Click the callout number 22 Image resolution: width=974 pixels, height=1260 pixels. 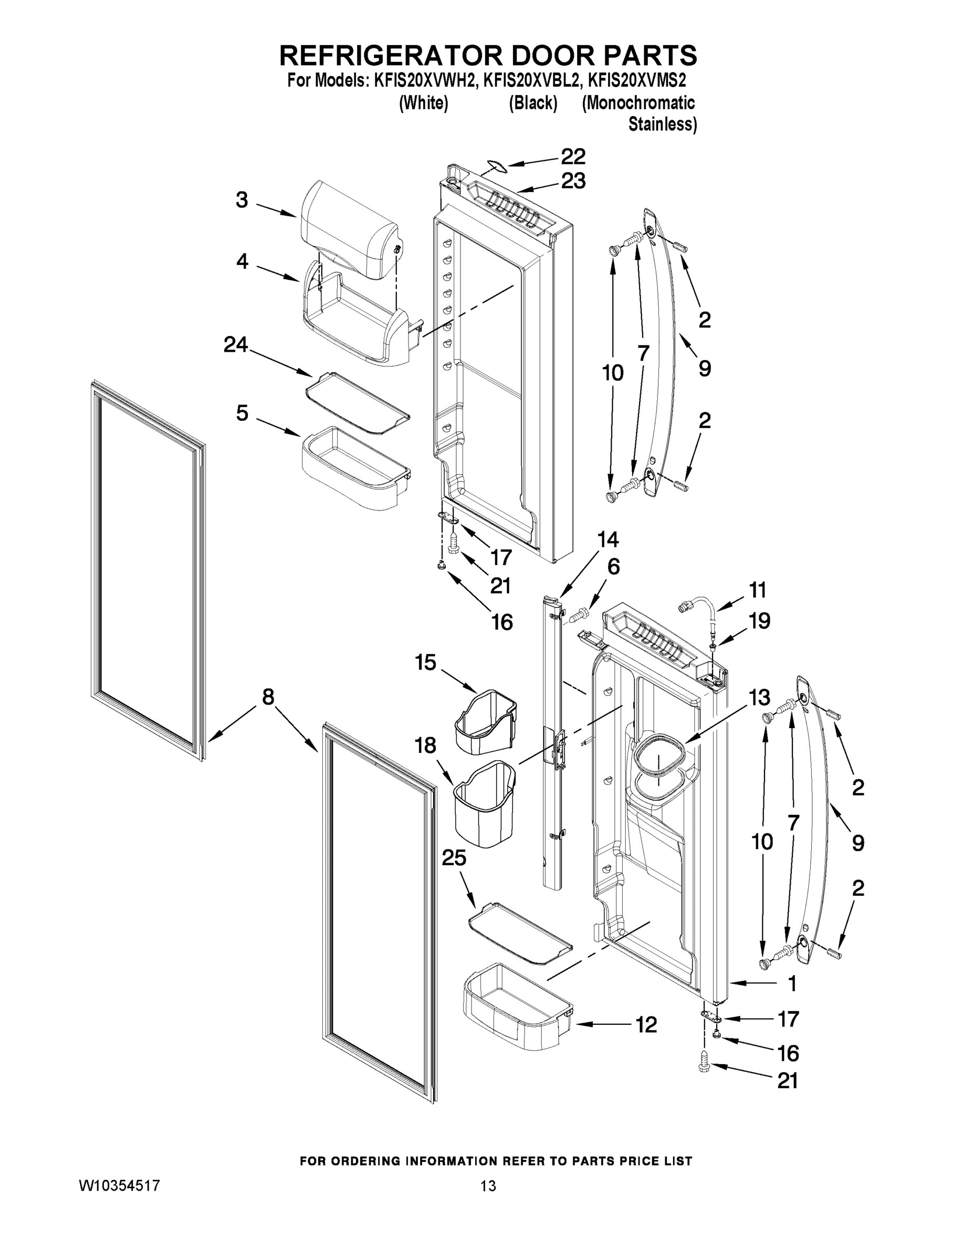coord(573,156)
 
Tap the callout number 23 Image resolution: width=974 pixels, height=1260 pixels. coord(573,181)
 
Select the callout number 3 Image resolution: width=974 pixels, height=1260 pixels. coord(242,200)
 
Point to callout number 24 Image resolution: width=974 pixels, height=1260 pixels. coord(235,345)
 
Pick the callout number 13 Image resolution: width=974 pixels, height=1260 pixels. coord(759,698)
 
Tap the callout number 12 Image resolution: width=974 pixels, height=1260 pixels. coord(646,1025)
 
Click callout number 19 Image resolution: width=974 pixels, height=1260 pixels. coord(759,622)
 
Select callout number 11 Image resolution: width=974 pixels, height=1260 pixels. coord(758,590)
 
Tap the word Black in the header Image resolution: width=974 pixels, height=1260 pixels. coord(532,104)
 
